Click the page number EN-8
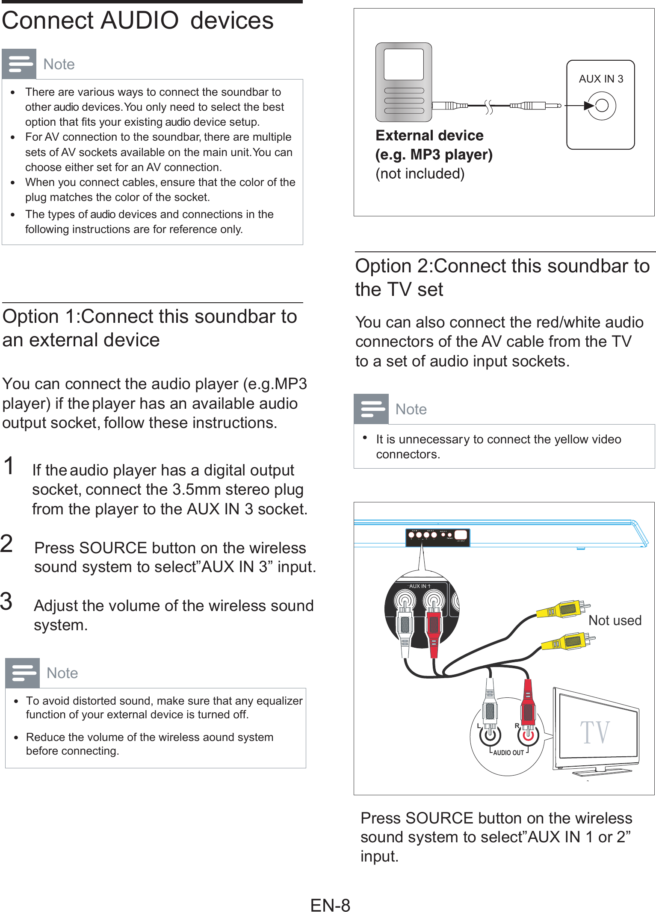click(330, 905)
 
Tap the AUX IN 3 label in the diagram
click(601, 79)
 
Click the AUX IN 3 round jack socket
click(601, 106)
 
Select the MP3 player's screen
click(403, 64)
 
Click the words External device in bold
click(429, 136)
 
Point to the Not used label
click(615, 620)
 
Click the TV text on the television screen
click(594, 732)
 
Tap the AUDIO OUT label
click(508, 753)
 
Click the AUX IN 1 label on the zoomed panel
click(420, 586)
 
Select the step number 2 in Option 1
click(7, 544)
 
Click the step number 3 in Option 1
click(6, 601)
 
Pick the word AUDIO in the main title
click(139, 21)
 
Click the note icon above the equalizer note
click(23, 673)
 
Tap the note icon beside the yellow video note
click(371, 409)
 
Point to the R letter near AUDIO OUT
click(517, 726)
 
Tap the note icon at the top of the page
click(19, 64)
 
